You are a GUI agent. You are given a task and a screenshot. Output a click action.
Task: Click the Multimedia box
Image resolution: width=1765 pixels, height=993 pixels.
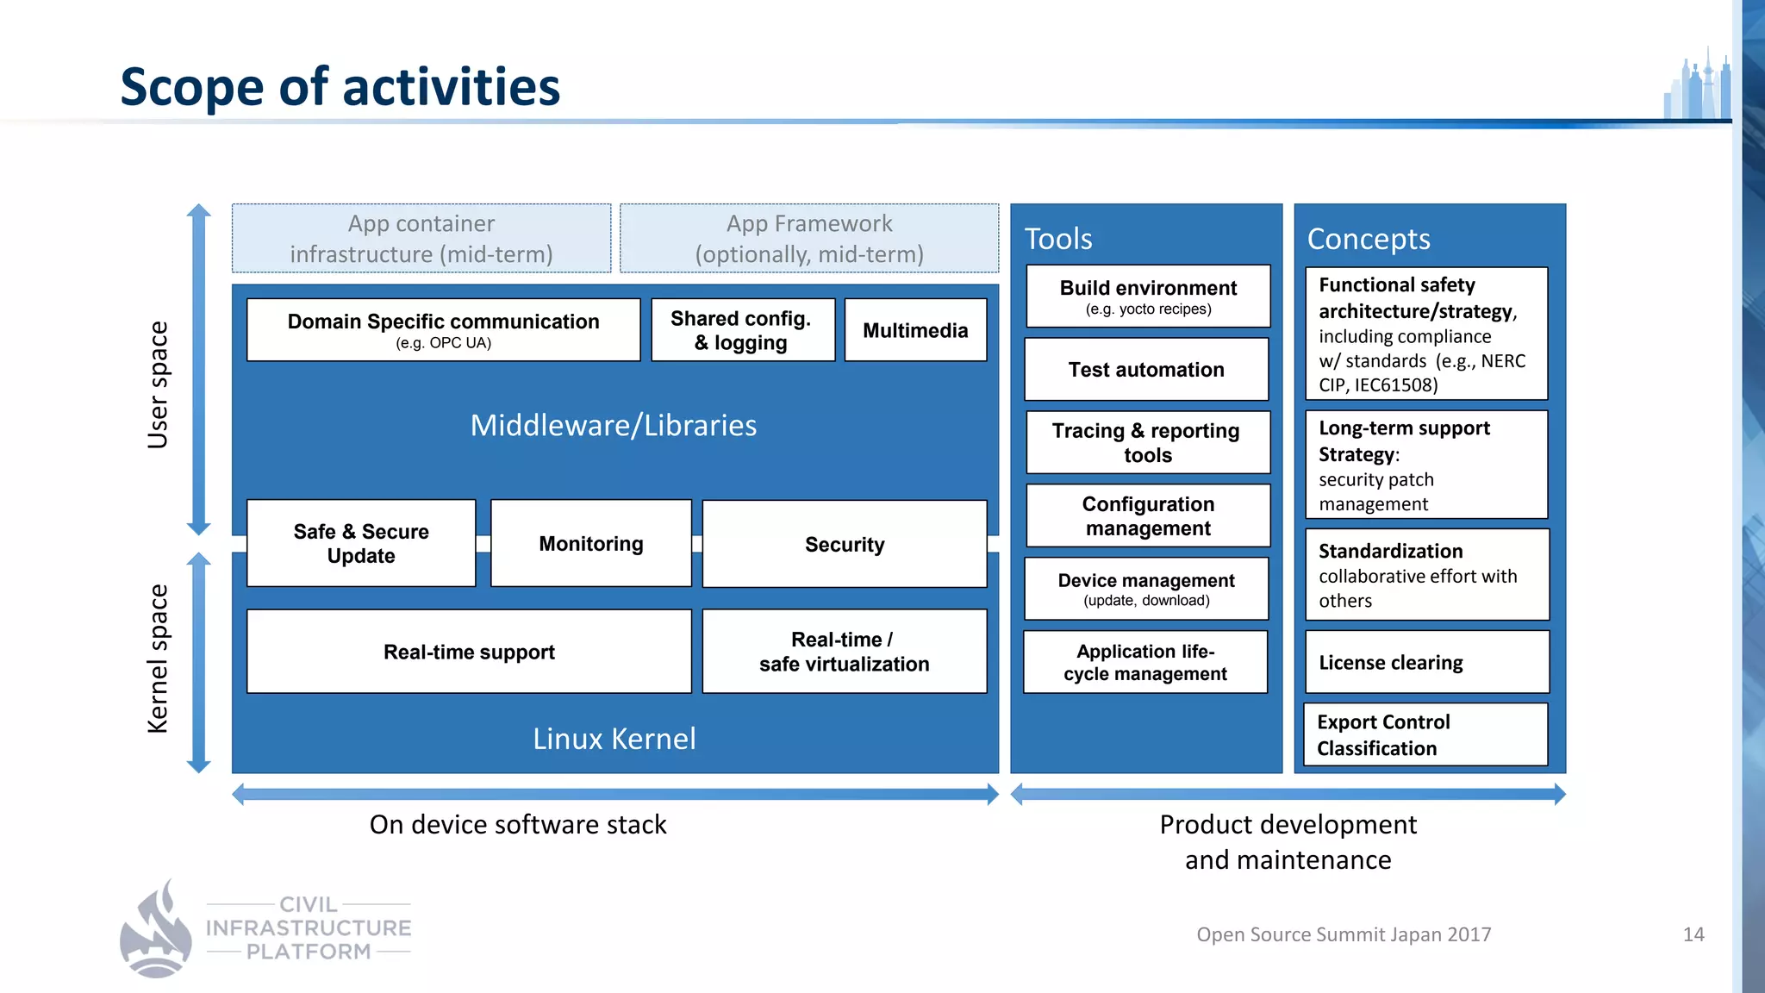(915, 330)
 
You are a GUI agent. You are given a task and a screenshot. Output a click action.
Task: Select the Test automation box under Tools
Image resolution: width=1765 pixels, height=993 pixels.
(1146, 369)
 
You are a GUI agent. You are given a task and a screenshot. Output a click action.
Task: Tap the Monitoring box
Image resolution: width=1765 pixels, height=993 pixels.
(591, 543)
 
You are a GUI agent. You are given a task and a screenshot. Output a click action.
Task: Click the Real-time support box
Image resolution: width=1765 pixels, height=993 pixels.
(469, 652)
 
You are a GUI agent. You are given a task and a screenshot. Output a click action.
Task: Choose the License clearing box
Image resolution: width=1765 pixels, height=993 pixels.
(1426, 662)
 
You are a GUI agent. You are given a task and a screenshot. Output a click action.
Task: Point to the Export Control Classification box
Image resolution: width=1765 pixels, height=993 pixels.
(1426, 734)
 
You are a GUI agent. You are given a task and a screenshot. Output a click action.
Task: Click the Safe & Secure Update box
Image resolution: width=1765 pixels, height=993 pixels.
(361, 543)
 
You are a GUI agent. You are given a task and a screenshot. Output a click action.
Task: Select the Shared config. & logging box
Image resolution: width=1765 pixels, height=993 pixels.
(742, 330)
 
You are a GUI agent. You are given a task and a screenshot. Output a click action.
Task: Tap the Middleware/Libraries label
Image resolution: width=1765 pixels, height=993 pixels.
(614, 425)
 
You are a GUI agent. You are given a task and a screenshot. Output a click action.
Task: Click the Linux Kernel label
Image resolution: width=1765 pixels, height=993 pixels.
(614, 739)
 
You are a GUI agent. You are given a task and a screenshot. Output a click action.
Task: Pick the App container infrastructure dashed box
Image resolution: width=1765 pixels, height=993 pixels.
(421, 239)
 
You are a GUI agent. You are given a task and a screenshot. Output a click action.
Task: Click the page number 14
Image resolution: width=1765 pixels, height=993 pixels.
(1693, 934)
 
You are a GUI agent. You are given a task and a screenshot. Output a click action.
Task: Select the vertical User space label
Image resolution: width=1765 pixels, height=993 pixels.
(158, 385)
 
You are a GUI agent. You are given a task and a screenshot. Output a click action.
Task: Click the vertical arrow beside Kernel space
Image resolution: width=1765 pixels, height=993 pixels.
(199, 662)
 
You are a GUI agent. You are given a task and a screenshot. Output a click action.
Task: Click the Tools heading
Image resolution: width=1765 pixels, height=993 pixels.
(1058, 239)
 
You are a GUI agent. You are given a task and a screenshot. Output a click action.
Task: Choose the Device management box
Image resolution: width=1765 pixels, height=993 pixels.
(1146, 589)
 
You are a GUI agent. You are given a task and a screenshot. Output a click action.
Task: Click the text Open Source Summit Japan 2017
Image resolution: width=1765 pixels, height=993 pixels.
(1343, 934)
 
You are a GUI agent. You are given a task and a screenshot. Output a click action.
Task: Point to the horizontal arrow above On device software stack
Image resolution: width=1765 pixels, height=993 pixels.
(615, 794)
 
